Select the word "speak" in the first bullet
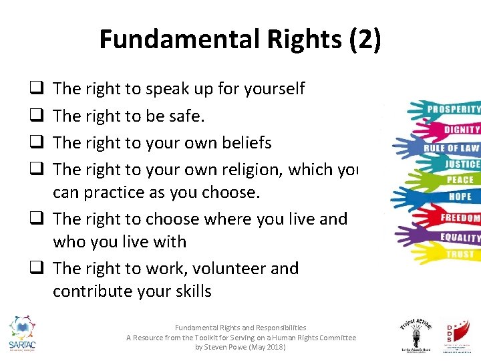pos(168,89)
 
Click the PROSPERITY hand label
pos(454,109)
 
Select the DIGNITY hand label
pos(461,130)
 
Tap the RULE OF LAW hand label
pos(452,148)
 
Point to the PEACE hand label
pos(460,180)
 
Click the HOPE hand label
pos(460,197)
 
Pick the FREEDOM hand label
pos(460,218)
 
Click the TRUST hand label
pos(459,254)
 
